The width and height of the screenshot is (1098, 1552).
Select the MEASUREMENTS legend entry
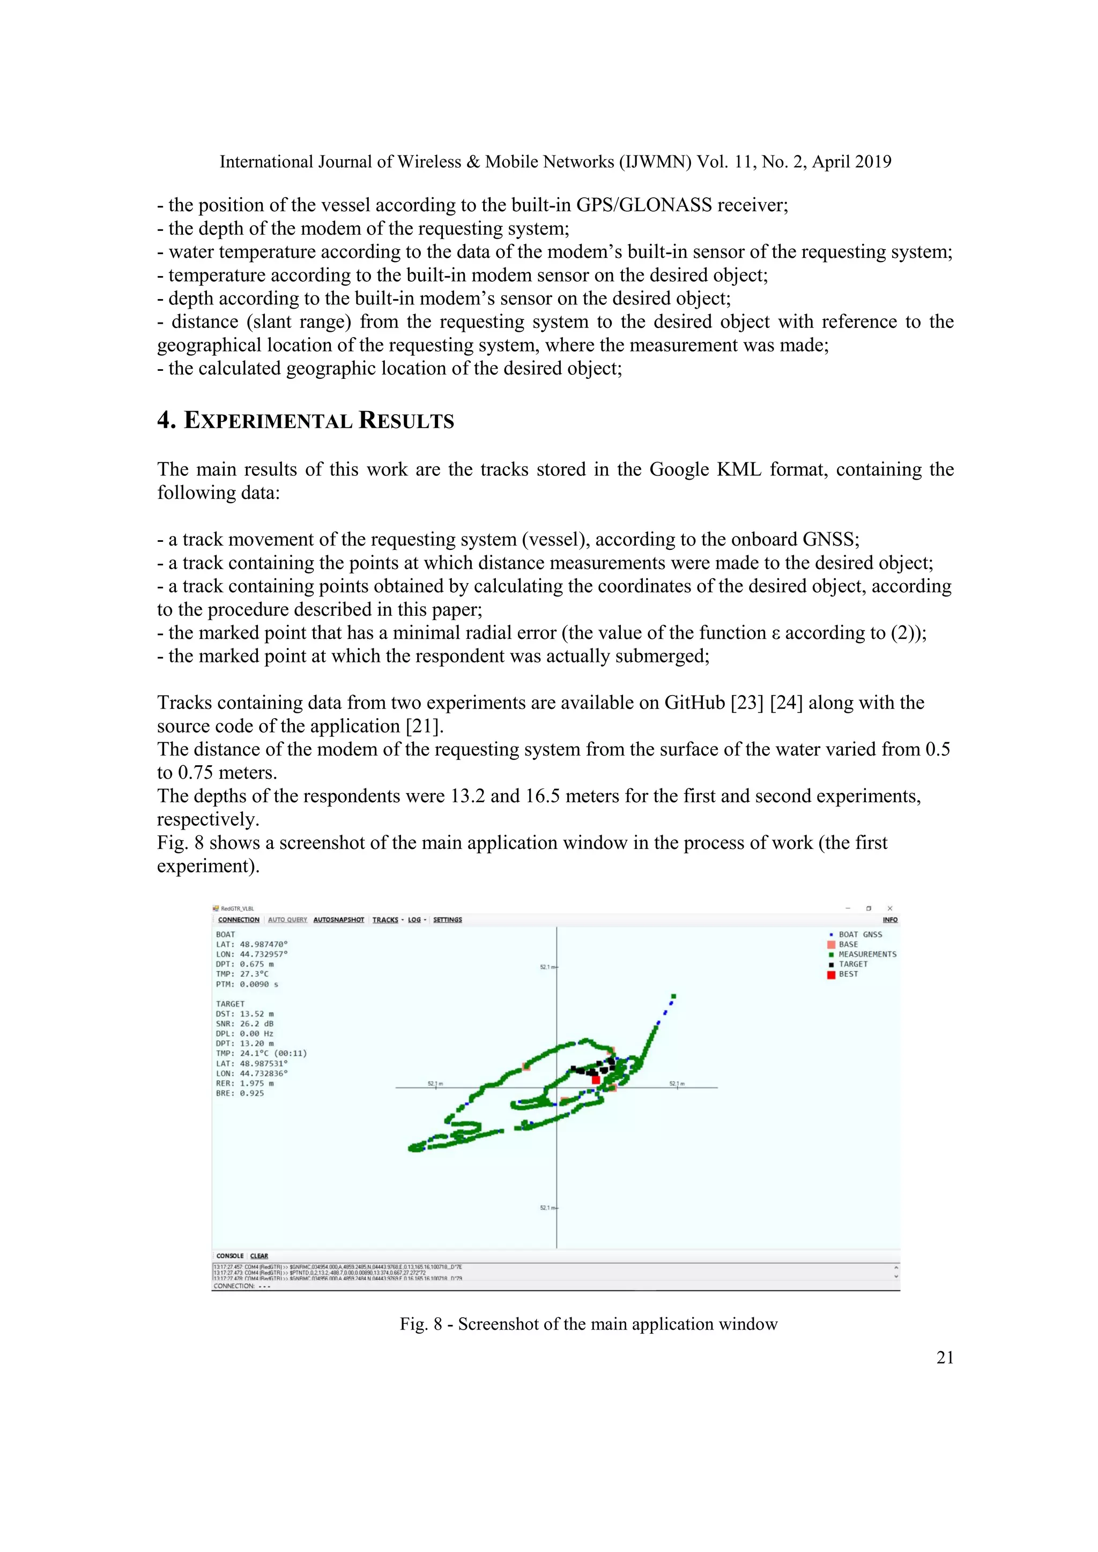coord(867,954)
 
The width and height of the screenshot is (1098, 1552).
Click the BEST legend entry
coord(848,974)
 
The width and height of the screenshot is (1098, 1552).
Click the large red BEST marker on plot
coord(596,1079)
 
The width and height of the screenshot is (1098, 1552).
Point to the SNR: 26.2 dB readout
coord(245,1024)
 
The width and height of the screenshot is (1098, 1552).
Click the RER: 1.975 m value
coord(245,1083)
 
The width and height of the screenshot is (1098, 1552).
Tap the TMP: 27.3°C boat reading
coord(242,974)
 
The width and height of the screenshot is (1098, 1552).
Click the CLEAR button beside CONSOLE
coord(259,1256)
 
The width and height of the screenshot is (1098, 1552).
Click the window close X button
coord(890,908)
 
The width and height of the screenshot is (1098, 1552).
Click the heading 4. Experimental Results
coord(306,421)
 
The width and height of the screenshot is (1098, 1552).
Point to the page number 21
coord(945,1357)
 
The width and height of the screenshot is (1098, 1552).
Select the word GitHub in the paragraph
coord(694,703)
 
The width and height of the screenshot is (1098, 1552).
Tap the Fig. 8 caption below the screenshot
coord(588,1324)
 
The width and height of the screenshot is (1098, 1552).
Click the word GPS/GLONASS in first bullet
coord(644,205)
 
